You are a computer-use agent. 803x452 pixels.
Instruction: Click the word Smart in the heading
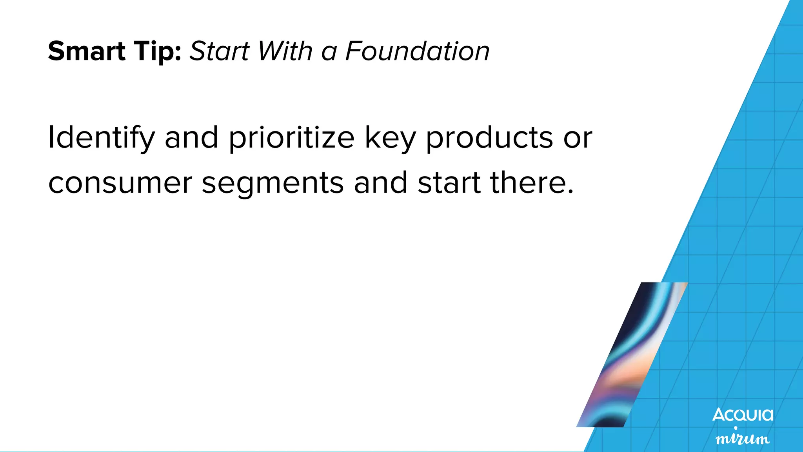[87, 51]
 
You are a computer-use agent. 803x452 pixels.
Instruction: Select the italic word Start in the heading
[220, 51]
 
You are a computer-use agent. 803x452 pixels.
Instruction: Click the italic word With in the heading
[285, 51]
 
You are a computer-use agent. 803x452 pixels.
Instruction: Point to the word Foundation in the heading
[418, 51]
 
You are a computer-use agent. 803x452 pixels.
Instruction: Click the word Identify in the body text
[101, 138]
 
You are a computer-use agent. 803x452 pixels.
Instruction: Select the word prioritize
[291, 138]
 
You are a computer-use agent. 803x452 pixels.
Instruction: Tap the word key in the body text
[390, 138]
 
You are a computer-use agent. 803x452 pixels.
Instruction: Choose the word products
[489, 138]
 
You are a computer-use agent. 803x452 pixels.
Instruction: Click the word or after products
[578, 138]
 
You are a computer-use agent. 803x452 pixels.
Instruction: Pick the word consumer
[120, 183]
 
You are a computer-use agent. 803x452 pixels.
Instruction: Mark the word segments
[273, 183]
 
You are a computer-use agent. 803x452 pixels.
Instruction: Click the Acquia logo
[743, 415]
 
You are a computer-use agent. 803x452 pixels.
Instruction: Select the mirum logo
[743, 438]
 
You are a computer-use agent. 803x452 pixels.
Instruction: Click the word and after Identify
[191, 138]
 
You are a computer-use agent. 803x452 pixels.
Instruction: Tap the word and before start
[380, 183]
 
